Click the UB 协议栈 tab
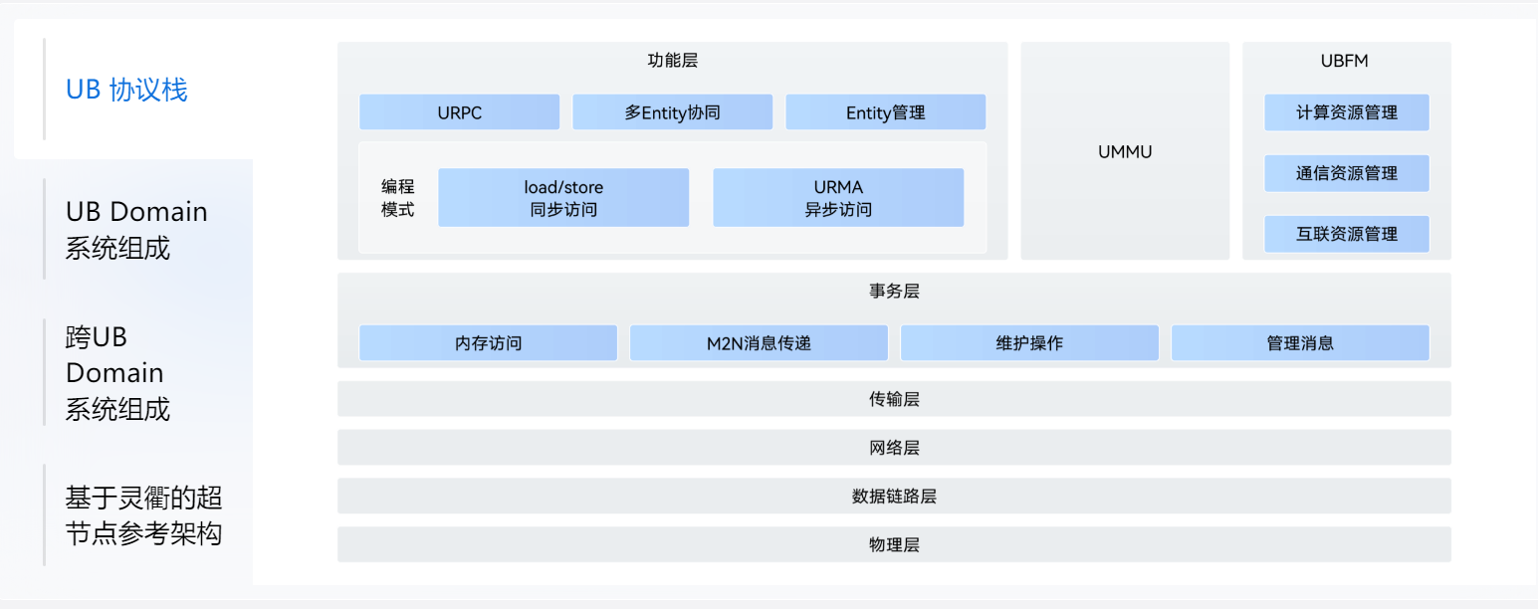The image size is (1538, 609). [126, 90]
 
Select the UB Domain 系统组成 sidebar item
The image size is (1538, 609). [136, 230]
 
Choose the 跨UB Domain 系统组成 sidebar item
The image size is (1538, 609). [117, 373]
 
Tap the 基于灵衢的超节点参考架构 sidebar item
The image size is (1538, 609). [143, 515]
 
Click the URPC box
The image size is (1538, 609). [459, 112]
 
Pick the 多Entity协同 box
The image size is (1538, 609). [672, 112]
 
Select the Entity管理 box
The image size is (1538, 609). [885, 112]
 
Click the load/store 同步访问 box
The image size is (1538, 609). [563, 197]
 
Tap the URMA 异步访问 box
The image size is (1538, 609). [838, 197]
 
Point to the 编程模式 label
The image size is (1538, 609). [397, 198]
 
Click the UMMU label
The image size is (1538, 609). [1125, 152]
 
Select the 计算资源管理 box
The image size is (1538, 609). [1346, 112]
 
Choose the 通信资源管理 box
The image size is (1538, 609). [1346, 173]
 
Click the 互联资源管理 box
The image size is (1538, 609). [1346, 234]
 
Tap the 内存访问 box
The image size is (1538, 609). [488, 343]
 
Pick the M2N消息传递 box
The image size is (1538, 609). [759, 343]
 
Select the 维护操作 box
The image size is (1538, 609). [1029, 343]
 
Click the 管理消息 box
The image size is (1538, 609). [1300, 343]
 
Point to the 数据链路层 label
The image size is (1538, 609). [894, 496]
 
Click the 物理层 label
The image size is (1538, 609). [894, 544]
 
